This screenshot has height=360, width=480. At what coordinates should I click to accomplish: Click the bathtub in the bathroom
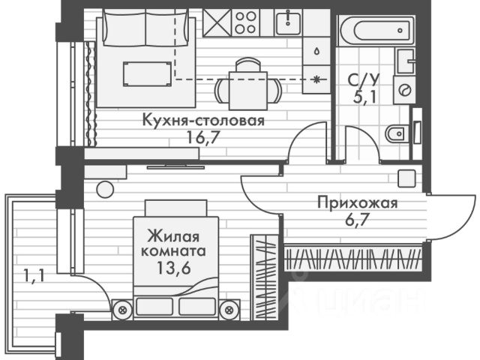(x=376, y=30)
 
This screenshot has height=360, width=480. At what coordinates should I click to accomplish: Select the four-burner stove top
(x=246, y=22)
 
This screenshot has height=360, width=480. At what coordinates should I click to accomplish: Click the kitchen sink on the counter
(x=288, y=22)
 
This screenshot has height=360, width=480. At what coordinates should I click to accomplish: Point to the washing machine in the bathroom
(x=404, y=90)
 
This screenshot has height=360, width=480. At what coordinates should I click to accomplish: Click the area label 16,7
(x=203, y=138)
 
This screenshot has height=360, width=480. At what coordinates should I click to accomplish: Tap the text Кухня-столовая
(x=203, y=120)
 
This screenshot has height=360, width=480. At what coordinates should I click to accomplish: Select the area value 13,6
(x=174, y=268)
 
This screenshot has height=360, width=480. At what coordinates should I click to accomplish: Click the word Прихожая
(x=357, y=203)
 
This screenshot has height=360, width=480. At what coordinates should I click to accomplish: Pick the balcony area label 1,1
(x=34, y=276)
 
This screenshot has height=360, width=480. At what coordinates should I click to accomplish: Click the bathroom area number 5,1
(x=364, y=97)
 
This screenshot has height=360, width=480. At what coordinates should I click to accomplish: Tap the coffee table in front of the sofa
(x=147, y=73)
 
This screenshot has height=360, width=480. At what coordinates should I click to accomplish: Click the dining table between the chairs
(x=248, y=91)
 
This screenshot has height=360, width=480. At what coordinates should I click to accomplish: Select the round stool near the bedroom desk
(x=105, y=189)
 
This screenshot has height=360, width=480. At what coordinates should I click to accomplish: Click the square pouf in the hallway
(x=406, y=178)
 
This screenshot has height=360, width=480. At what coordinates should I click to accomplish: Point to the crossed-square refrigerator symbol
(x=217, y=22)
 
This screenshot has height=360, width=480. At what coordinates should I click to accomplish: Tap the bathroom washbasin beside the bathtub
(x=406, y=61)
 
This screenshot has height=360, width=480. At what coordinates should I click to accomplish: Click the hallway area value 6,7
(x=357, y=220)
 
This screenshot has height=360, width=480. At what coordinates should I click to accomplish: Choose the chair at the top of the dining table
(x=248, y=65)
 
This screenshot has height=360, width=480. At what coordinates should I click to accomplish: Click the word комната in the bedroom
(x=173, y=252)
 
